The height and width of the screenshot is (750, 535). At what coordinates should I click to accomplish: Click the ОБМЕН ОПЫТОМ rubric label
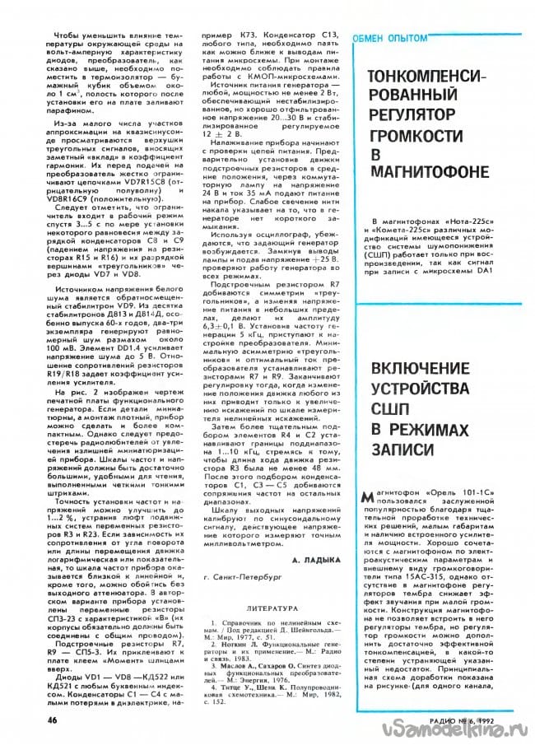tap(390, 38)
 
